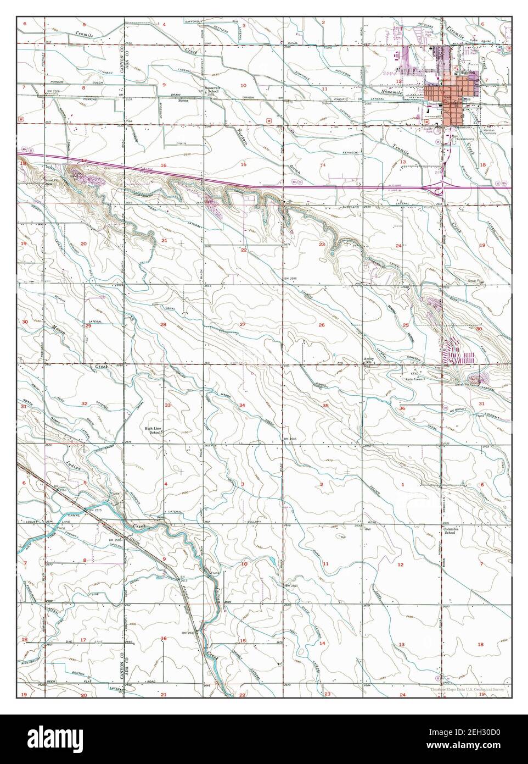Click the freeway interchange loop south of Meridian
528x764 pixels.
439,189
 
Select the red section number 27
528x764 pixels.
242,325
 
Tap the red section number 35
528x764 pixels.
325,406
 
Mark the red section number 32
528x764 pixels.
84,403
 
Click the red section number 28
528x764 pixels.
163,325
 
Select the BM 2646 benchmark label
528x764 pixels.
290,439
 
